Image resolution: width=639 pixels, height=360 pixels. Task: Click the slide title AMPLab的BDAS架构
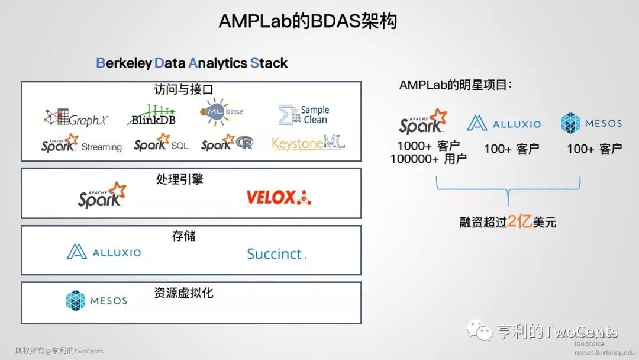[308, 21]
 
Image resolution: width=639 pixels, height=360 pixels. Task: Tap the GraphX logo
[76, 118]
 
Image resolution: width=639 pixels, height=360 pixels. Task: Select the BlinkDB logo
[151, 115]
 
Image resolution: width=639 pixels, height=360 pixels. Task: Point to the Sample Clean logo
[304, 114]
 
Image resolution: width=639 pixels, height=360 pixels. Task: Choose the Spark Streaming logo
[82, 144]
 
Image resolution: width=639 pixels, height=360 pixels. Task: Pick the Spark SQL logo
[161, 144]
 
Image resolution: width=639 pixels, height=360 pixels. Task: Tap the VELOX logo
[279, 197]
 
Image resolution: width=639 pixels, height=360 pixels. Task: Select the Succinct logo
[276, 254]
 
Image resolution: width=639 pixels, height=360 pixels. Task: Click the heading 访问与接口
[183, 90]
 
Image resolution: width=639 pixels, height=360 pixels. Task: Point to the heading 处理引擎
[180, 179]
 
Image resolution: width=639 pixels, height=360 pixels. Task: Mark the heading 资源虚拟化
[183, 292]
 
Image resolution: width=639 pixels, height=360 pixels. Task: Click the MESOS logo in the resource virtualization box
[96, 301]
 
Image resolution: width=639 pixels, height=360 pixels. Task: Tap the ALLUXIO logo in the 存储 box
[104, 252]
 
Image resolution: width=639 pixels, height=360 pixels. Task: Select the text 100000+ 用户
[428, 159]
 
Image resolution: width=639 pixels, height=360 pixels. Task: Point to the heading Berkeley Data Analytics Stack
[192, 63]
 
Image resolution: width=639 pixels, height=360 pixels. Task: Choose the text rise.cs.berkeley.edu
[604, 352]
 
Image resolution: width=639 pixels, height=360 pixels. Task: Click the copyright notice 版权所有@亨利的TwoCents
[59, 351]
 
